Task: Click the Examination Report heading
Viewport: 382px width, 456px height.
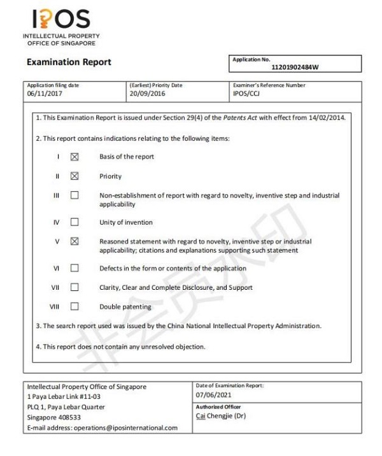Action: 69,62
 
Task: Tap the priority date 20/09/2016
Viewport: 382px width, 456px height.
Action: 146,94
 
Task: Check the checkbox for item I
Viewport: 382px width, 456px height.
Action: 74,157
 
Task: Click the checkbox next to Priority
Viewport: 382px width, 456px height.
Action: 74,176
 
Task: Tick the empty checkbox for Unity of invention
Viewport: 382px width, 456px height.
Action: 74,222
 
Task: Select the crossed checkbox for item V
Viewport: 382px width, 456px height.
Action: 74,241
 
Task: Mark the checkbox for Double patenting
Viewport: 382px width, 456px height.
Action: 74,306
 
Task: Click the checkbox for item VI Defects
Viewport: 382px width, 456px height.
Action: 74,268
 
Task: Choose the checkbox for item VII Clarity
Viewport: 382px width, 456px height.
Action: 74,287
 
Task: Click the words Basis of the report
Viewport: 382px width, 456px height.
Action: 127,157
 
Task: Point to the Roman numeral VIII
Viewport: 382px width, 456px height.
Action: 55,306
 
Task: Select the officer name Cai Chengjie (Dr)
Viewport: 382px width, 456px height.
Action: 221,417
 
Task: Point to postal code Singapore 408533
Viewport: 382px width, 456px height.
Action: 54,417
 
